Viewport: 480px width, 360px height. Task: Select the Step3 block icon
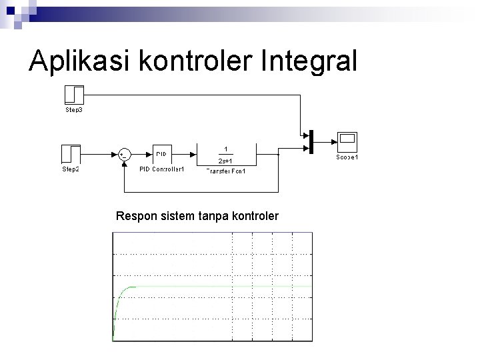pos(73,94)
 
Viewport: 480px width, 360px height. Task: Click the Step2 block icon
pos(71,154)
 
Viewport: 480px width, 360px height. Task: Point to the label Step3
pos(73,109)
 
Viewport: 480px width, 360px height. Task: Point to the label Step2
pos(71,169)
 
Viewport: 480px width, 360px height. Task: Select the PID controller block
pos(163,154)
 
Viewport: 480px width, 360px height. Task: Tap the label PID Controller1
pos(161,169)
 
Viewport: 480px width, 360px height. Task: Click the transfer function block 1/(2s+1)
pos(225,154)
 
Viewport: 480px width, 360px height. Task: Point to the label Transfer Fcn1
pos(225,171)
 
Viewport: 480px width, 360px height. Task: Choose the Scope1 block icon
pos(347,141)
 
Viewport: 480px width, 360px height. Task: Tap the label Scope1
pos(347,157)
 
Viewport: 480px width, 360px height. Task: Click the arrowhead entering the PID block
pos(150,154)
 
